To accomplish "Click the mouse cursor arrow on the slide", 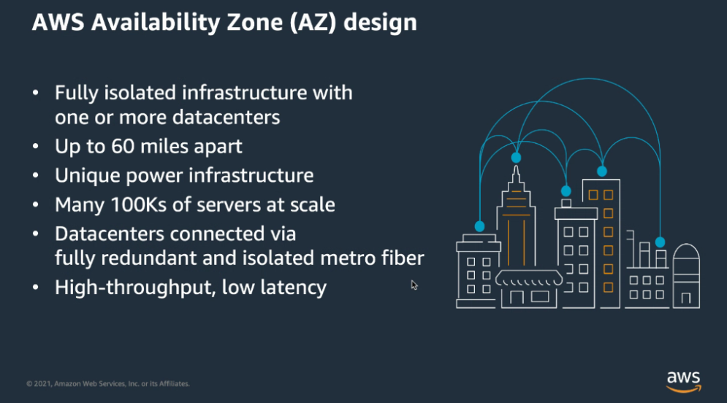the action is [414, 285].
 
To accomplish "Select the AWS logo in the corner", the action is [683, 380].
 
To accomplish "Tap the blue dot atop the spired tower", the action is [516, 157].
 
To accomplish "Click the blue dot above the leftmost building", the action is [479, 226].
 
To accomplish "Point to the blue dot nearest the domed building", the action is [660, 242].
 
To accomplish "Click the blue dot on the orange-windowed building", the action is [602, 171].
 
